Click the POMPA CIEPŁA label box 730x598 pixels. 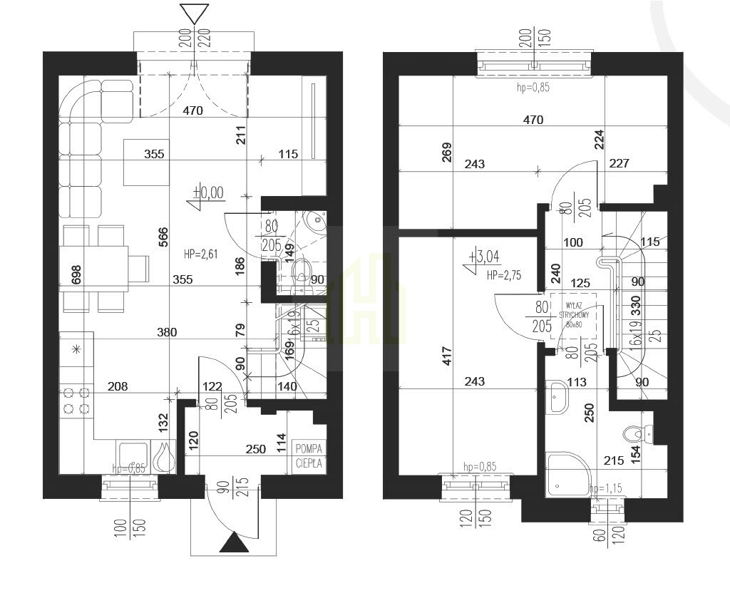click(x=309, y=455)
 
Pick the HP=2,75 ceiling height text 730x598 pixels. click(x=503, y=274)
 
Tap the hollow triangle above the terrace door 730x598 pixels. click(x=194, y=14)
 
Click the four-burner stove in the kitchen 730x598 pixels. click(x=76, y=401)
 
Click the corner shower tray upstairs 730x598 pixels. click(x=567, y=474)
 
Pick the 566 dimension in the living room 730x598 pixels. click(x=163, y=237)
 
